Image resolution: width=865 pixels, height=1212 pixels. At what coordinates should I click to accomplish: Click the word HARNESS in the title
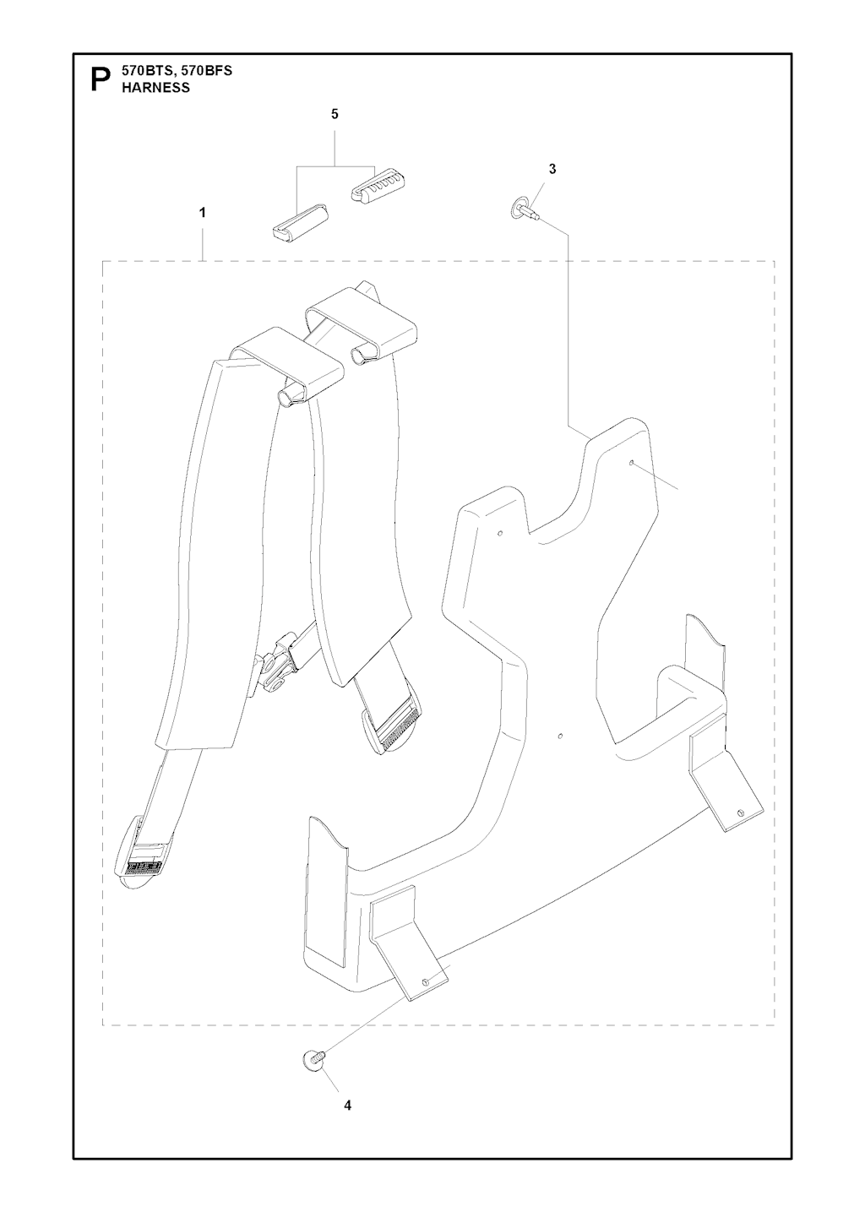[155, 88]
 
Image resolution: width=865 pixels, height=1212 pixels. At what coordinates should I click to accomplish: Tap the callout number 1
[203, 213]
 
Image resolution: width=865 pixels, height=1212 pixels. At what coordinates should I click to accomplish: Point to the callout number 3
[552, 170]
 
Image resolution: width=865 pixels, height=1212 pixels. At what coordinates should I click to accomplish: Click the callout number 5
[335, 114]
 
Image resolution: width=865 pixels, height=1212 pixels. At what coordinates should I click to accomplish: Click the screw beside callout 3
[524, 210]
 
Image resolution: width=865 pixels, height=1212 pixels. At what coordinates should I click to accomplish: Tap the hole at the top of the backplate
[632, 463]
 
